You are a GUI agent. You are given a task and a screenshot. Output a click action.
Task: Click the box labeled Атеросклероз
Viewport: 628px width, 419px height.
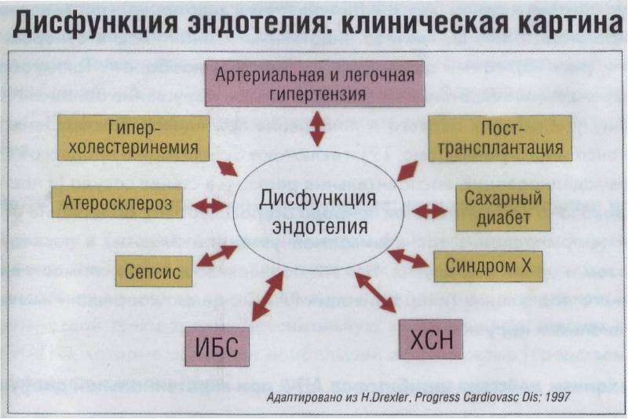pos(117,202)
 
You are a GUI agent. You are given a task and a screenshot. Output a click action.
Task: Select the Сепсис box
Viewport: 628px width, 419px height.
pos(154,271)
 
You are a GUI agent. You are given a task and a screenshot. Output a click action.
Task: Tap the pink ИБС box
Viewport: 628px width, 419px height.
pos(217,347)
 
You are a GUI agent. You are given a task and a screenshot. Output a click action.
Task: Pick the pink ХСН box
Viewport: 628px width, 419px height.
pos(431,340)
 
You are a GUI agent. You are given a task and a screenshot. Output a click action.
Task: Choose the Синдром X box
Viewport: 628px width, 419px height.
pos(488,266)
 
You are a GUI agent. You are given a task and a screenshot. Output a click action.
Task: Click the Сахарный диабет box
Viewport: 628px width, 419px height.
pos(503,208)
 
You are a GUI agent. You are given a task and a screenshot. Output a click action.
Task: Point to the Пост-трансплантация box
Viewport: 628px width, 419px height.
pos(500,138)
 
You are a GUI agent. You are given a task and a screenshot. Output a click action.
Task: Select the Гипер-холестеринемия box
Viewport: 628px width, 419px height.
pos(133,138)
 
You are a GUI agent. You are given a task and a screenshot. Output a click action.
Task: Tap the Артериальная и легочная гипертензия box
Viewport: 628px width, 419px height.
pos(315,83)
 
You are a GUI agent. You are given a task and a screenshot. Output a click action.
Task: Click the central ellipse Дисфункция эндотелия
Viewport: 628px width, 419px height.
pos(319,211)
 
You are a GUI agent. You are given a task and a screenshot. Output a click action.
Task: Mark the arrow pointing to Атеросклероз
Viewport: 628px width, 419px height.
pos(209,206)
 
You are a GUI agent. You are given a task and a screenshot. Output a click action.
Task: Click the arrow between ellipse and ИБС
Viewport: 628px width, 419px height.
pos(268,296)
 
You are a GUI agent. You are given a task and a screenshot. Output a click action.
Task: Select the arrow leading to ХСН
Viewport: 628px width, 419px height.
pos(375,292)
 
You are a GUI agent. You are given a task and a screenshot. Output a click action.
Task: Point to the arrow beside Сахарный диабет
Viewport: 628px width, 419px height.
pos(429,211)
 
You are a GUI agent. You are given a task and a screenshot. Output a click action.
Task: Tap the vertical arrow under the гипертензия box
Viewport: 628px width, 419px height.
pos(317,129)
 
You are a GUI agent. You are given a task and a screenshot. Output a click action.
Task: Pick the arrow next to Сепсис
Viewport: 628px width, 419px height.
pos(217,255)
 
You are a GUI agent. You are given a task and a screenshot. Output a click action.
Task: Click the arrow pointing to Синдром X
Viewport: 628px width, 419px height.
pos(408,258)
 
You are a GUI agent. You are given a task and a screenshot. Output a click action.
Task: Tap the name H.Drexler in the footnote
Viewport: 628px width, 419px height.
pos(385,397)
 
